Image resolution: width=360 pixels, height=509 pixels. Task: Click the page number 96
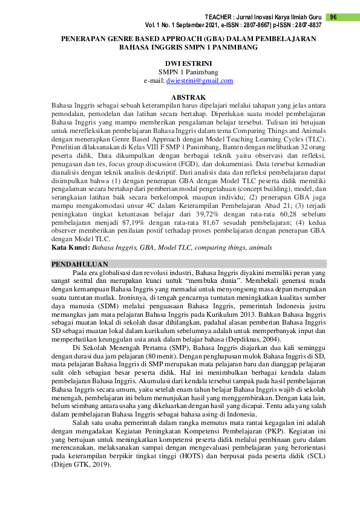coord(333,17)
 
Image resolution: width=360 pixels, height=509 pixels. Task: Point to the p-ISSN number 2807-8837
coord(307,25)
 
